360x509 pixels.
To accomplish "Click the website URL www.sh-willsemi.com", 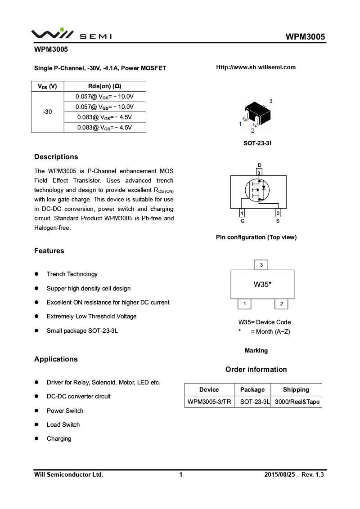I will tap(256, 67).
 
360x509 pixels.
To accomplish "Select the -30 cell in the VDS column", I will tap(47, 112).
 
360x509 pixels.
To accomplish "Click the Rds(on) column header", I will tap(104, 86).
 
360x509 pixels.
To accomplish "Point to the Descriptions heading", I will tap(56, 157).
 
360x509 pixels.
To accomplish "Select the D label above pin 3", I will tap(259, 165).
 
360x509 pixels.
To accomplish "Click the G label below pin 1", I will tap(243, 221).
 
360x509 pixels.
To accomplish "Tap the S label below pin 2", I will tap(278, 221).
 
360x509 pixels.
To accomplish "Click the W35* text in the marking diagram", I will tap(262, 284).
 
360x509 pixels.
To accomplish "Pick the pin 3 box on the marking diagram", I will tap(261, 265).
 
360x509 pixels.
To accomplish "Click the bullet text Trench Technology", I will tap(72, 274).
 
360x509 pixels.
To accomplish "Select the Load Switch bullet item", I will tap(63, 425).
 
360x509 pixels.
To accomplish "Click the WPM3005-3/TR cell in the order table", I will tap(209, 402).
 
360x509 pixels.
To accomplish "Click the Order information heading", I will tap(256, 370).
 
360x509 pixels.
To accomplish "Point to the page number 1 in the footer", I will tap(181, 474).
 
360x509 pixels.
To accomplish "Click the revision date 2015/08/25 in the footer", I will tap(280, 474).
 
